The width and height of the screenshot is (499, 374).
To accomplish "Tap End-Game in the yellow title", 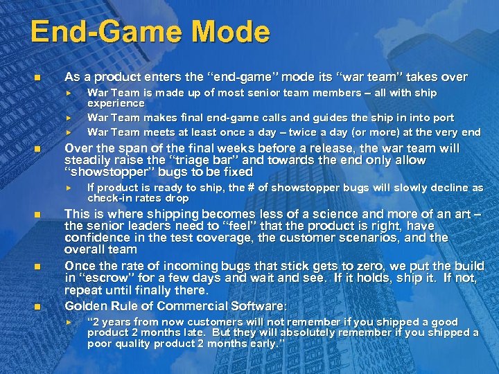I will coord(103,33).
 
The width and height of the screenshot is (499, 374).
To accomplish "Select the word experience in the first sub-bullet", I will coord(116,103).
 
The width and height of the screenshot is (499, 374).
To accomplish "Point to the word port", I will coord(444,117).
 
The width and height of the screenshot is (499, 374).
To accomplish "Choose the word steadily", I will coord(89,160).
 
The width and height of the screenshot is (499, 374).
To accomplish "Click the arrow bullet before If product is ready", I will coord(69,188).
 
